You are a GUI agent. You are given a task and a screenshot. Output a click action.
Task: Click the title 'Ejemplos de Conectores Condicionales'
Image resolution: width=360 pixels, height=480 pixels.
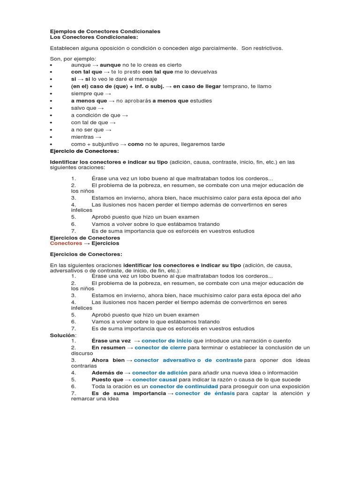pyautogui.click(x=105, y=31)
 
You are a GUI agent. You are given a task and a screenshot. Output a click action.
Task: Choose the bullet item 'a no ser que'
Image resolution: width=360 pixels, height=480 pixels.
pyautogui.click(x=88, y=130)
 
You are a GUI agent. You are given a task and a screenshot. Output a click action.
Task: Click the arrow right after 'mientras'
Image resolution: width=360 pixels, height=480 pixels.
pyautogui.click(x=98, y=137)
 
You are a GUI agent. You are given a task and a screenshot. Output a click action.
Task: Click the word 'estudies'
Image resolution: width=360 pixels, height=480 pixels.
pyautogui.click(x=201, y=101)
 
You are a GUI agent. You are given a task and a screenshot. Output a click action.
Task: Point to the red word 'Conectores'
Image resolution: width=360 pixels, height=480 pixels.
pyautogui.click(x=66, y=243)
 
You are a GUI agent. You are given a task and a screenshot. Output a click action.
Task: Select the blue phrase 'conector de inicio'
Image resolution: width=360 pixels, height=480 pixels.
pyautogui.click(x=166, y=341)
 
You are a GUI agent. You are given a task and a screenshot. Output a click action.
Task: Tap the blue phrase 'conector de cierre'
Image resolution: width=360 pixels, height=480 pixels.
pyautogui.click(x=160, y=348)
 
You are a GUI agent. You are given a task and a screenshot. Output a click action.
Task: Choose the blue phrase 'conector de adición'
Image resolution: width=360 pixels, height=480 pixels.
pyautogui.click(x=159, y=372)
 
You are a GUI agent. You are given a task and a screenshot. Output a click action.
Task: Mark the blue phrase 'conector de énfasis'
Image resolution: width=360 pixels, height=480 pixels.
pyautogui.click(x=205, y=393)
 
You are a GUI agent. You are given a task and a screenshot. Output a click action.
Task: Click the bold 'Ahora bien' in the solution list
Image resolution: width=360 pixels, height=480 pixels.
pyautogui.click(x=108, y=360)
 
